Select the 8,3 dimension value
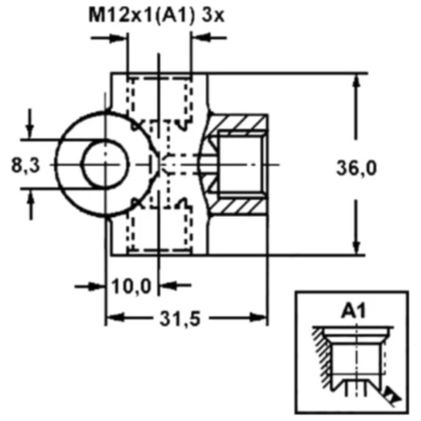tap(25, 165)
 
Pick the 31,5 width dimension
tap(185, 320)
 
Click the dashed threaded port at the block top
tap(159, 96)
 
